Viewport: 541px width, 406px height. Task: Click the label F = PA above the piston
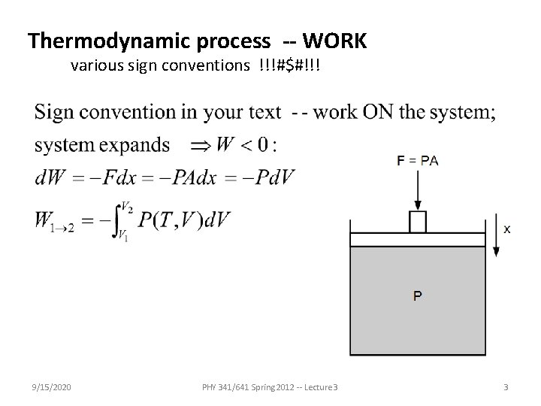coord(418,160)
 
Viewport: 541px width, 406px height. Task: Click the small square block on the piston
coord(418,222)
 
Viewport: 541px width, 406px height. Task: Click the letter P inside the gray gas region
coord(418,295)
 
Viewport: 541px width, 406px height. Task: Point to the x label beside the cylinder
coord(507,228)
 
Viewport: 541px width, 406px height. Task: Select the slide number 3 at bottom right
coord(506,386)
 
